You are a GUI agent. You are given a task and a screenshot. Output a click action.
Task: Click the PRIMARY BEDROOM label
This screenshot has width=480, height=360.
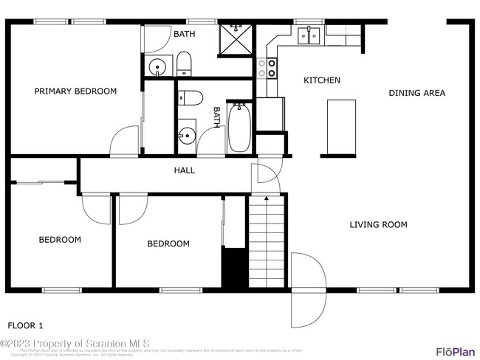pos(75,91)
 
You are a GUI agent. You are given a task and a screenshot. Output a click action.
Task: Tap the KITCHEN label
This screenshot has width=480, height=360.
pos(322,80)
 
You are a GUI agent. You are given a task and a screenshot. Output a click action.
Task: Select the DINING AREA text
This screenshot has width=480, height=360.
pos(417,93)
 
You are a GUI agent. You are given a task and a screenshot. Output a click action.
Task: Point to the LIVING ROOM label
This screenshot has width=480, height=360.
pos(378,224)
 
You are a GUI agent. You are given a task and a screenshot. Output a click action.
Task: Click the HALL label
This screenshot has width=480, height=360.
pos(184,170)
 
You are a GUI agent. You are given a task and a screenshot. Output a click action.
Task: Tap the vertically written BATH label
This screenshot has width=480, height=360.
pos(217,118)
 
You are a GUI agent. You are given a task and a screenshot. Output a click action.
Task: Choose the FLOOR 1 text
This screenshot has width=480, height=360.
pos(25,325)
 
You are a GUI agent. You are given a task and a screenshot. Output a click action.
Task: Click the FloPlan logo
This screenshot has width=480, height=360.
pos(454,351)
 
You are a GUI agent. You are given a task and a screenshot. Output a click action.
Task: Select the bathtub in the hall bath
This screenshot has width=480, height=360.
pos(239,128)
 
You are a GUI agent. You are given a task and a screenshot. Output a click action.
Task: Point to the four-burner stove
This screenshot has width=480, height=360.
pos(267,69)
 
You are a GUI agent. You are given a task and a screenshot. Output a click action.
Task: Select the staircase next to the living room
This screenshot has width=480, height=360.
pos(266,242)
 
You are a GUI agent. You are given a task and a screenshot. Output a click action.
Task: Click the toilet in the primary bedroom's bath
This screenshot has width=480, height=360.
pos(184,63)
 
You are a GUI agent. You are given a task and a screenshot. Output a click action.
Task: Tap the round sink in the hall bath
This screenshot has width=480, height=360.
pos(186,135)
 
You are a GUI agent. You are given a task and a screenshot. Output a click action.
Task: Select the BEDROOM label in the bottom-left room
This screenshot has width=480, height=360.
pos(60,240)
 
